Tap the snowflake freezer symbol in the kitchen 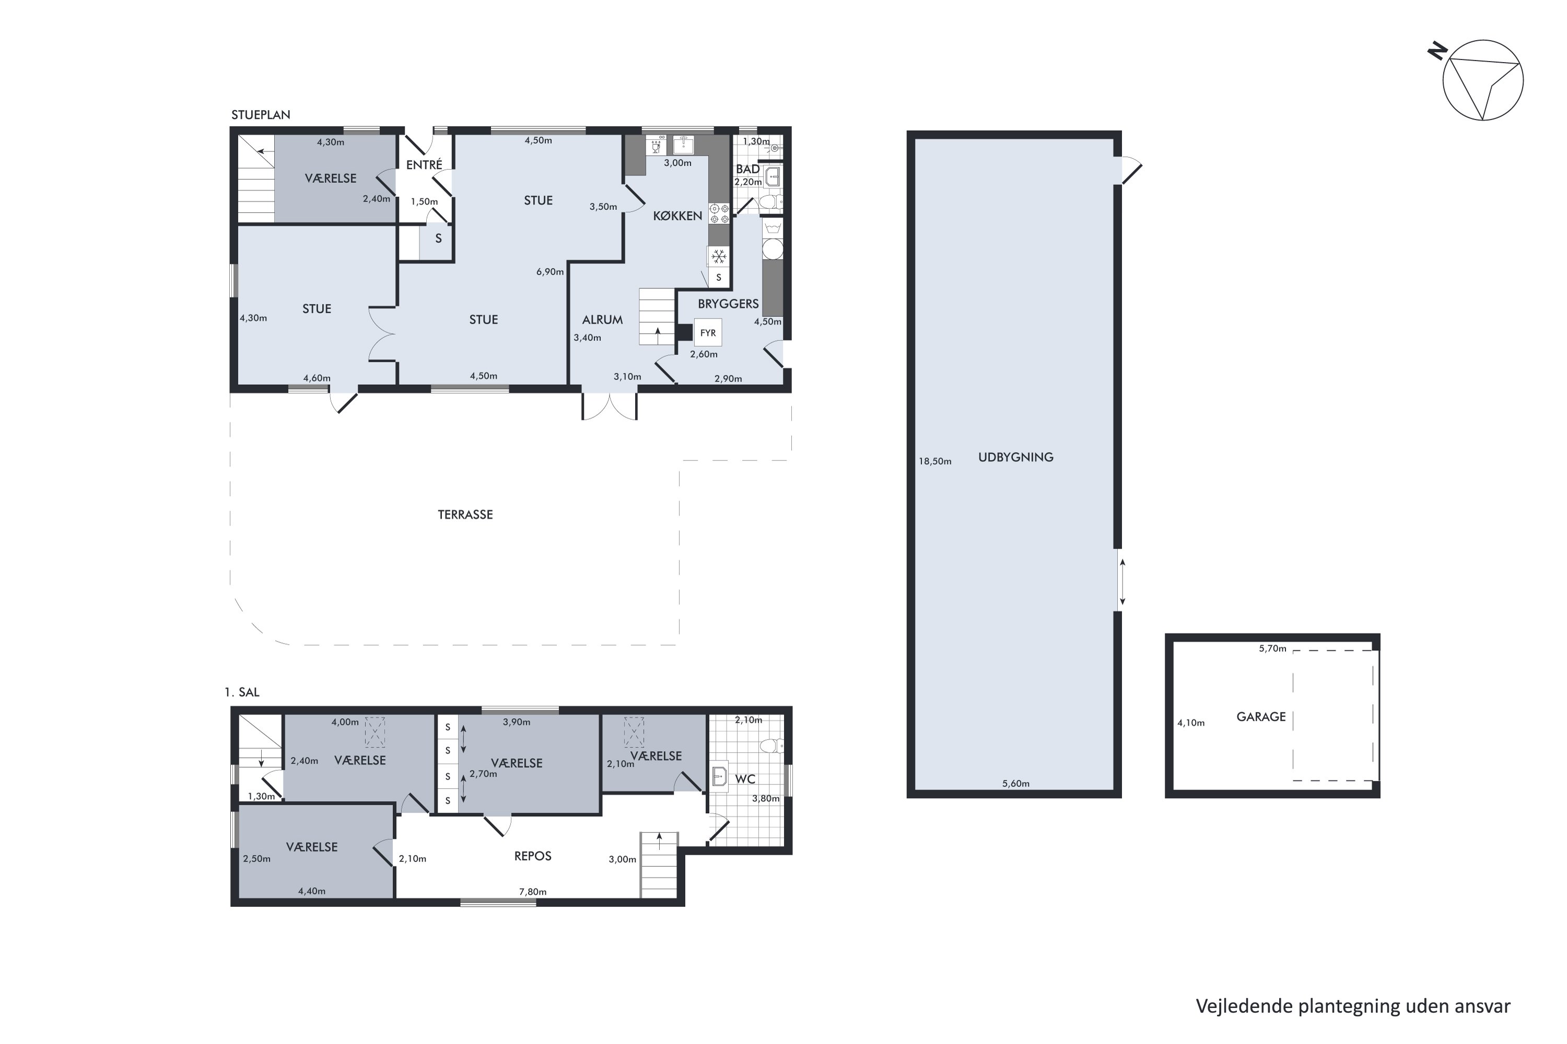click(x=718, y=256)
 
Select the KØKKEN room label click(x=677, y=216)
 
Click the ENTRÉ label click(x=424, y=164)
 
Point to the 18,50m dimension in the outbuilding click(x=935, y=461)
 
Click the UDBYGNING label click(x=1015, y=457)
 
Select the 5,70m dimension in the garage click(x=1272, y=648)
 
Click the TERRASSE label click(x=465, y=515)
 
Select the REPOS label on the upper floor click(x=533, y=856)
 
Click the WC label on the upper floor click(x=745, y=779)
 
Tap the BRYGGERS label click(x=728, y=304)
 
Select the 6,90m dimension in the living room click(x=551, y=271)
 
